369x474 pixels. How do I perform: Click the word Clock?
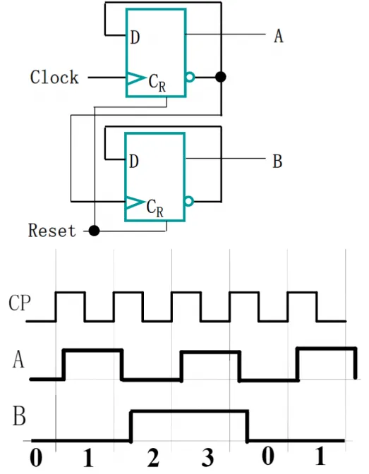coord(54,77)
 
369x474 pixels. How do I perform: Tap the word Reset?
coord(52,231)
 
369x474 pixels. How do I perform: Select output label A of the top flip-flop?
coord(279,36)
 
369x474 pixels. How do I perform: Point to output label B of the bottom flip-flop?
coord(278,161)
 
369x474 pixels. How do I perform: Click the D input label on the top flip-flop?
coord(135,37)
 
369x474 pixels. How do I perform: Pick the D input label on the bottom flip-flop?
coord(134,162)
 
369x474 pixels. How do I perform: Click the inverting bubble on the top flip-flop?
coord(190,77)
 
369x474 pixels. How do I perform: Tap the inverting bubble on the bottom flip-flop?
coord(189,201)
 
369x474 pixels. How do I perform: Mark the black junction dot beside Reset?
coord(94,231)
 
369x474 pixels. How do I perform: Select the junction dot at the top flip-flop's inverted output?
coord(221,77)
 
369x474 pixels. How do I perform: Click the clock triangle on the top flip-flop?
coord(135,78)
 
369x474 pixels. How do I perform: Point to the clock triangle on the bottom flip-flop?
coord(135,202)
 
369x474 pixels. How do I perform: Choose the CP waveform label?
coord(20,303)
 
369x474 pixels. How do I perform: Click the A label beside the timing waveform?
coord(18,360)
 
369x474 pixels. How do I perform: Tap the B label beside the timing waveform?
coord(19,416)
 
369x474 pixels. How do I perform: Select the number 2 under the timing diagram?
coord(153,457)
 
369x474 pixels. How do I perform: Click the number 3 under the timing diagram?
coord(208,457)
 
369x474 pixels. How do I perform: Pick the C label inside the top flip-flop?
coord(153,80)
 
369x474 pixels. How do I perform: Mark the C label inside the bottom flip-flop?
coord(151,207)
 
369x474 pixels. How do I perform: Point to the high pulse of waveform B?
coord(189,411)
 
